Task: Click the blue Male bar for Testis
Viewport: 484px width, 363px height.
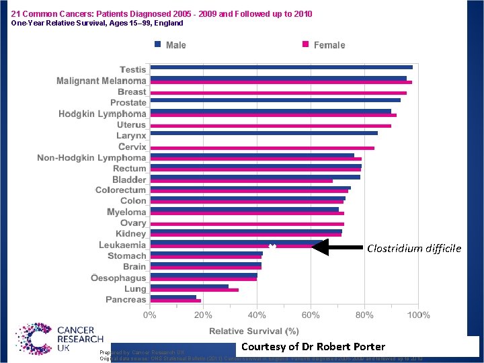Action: [281, 67]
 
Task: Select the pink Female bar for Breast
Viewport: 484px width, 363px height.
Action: [278, 93]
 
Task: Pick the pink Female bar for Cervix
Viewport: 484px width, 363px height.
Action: [261, 148]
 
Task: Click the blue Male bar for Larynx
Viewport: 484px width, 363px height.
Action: [264, 133]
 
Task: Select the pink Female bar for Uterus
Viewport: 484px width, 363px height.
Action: [270, 126]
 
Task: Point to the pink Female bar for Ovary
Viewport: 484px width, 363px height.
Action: [247, 224]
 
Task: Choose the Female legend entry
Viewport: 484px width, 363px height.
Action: [323, 45]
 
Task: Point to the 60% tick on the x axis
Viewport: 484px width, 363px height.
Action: [311, 315]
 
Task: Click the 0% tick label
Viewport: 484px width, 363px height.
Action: [149, 315]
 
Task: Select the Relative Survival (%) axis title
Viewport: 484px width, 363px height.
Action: [253, 331]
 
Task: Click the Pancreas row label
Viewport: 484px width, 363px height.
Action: [126, 299]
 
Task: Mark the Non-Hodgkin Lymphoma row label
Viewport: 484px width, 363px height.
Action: [91, 158]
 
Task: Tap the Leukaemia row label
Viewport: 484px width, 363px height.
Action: [122, 245]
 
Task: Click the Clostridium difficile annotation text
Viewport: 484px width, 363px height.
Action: [414, 249]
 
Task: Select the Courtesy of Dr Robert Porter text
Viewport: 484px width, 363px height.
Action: [313, 347]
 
